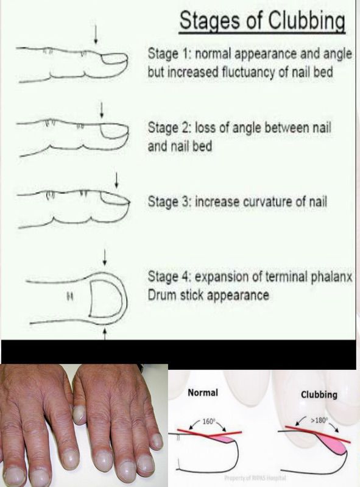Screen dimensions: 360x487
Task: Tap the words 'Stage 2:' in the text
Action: click(x=166, y=127)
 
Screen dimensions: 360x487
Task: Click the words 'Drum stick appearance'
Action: click(x=208, y=295)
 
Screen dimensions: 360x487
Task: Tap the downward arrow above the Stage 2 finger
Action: click(x=101, y=110)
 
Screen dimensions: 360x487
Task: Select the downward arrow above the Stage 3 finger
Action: click(x=116, y=181)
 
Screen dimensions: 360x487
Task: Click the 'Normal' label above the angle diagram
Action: click(x=203, y=393)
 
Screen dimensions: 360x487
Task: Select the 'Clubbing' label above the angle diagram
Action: click(x=319, y=394)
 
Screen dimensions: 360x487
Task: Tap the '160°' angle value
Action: click(x=208, y=421)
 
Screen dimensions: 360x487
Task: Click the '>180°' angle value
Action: click(x=320, y=421)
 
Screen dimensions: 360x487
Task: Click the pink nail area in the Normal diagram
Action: click(x=224, y=439)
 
